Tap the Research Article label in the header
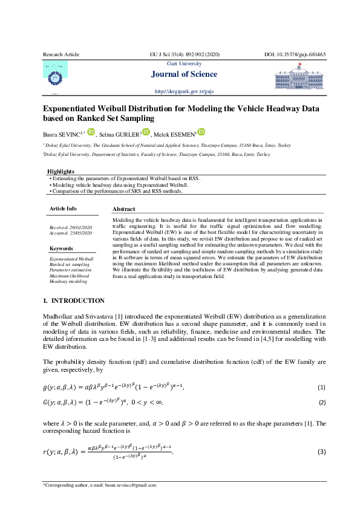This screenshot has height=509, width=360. click(61, 54)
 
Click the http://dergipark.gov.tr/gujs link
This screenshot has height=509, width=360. click(184, 91)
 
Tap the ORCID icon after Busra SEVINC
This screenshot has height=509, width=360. click(91, 132)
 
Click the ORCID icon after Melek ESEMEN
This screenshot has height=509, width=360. click(201, 132)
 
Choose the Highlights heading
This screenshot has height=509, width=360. click(61, 172)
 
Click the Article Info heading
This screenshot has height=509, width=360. click(63, 208)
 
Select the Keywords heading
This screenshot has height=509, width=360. click(61, 248)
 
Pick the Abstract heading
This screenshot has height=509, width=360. click(124, 208)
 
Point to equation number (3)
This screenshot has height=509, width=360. click(321, 452)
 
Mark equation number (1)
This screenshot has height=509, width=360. click(321, 387)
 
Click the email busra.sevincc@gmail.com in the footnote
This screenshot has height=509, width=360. click(131, 485)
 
